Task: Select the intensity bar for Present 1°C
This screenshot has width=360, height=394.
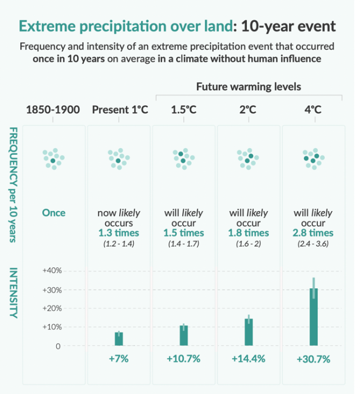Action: (119, 339)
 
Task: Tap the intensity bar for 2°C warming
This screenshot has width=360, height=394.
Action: (249, 332)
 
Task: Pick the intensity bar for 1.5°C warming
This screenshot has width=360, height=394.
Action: (183, 335)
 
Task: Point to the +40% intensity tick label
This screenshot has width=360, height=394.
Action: (52, 271)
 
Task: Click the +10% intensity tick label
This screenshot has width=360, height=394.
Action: (52, 327)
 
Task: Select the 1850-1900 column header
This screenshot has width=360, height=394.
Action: (53, 110)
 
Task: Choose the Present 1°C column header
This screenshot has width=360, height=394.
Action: (119, 110)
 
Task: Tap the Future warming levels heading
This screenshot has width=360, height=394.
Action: (249, 87)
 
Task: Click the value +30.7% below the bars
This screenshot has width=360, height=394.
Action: (313, 359)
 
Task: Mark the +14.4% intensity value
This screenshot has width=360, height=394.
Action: (249, 359)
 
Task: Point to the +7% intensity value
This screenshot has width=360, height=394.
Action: (119, 359)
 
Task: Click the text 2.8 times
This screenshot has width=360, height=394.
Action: (313, 232)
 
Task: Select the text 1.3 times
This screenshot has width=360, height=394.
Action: (119, 232)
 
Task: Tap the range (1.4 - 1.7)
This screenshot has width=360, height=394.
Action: (183, 243)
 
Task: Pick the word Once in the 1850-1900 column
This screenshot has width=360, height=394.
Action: (53, 213)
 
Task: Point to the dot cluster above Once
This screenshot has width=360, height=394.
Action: (53, 159)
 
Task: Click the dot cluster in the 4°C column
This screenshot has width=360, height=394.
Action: (313, 159)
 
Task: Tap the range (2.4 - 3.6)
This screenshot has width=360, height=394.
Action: (313, 243)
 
